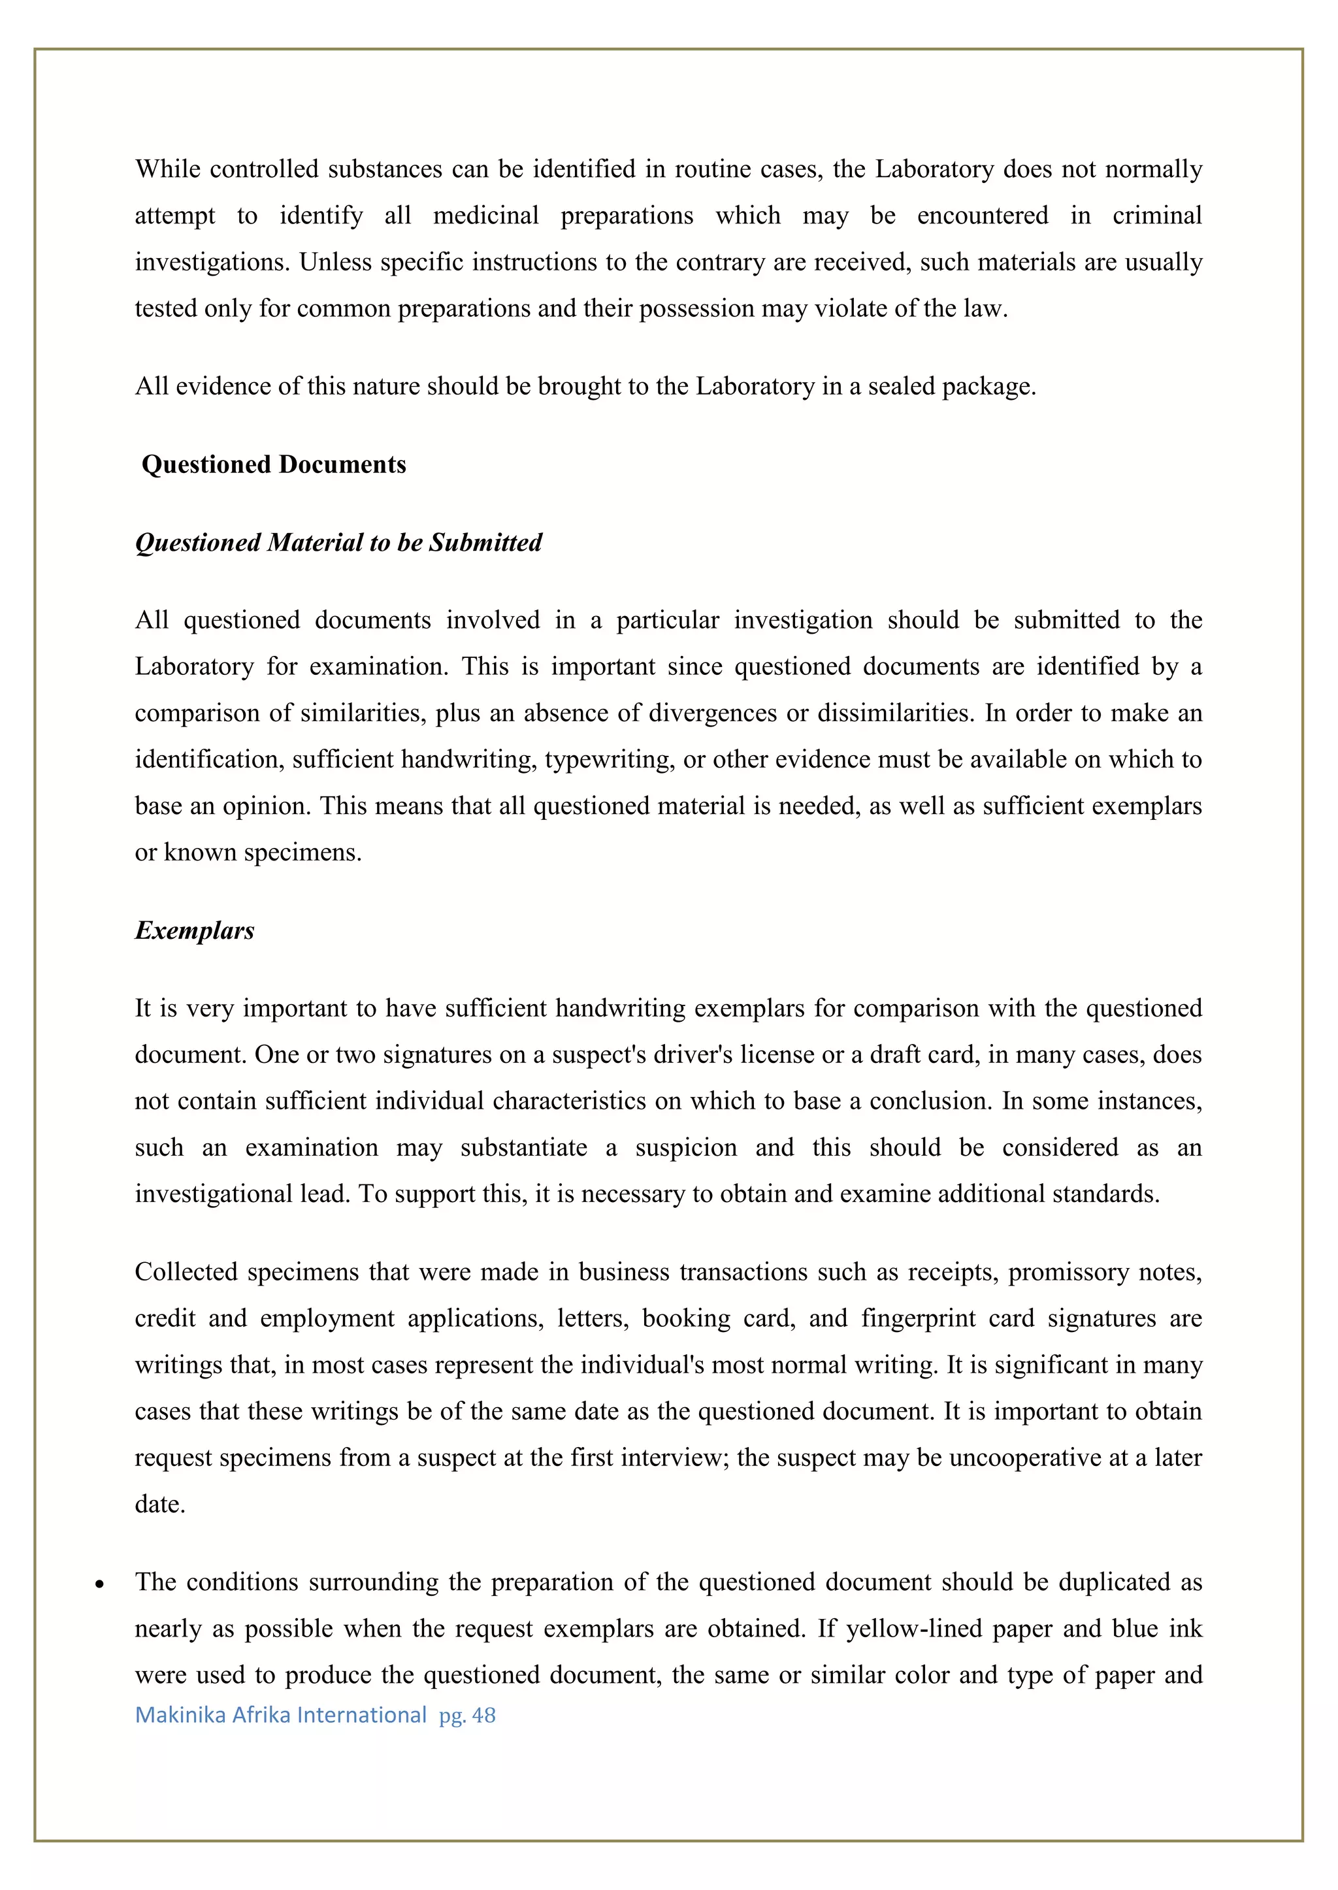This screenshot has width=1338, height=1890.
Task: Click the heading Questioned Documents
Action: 274,464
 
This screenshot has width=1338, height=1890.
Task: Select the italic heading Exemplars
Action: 195,930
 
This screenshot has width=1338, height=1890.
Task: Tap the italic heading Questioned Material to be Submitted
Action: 338,542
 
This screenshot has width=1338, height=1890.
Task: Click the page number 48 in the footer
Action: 483,1716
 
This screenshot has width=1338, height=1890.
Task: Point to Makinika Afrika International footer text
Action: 280,1716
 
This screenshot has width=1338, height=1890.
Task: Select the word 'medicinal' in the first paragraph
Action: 486,216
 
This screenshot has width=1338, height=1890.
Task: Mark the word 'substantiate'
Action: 523,1148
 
